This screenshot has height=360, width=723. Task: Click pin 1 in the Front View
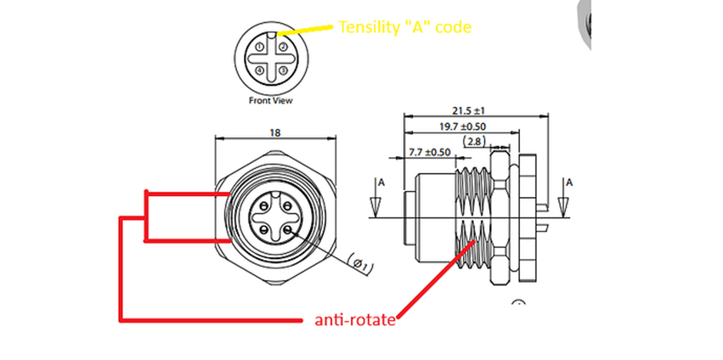click(x=261, y=48)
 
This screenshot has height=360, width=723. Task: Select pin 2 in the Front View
click(x=282, y=48)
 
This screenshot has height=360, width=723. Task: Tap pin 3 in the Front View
click(x=282, y=71)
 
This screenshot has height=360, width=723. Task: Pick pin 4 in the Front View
click(x=261, y=71)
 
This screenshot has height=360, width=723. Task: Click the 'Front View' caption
click(x=271, y=100)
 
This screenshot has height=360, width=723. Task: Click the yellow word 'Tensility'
click(x=365, y=28)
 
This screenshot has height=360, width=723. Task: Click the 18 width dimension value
click(x=275, y=132)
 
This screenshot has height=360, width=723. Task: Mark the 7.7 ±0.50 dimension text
click(x=429, y=152)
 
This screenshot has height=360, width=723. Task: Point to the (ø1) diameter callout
click(x=360, y=265)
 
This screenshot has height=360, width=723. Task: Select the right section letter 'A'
click(x=569, y=182)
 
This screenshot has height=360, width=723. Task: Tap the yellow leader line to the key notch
click(x=308, y=30)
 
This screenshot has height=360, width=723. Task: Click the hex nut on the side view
click(x=505, y=217)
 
